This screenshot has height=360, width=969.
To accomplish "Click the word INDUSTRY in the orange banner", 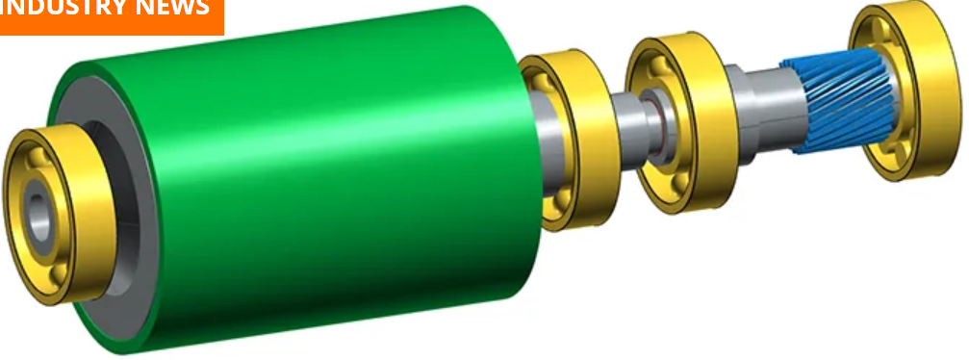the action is pyautogui.click(x=58, y=8).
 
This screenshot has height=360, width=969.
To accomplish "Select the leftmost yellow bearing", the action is pyautogui.click(x=59, y=214).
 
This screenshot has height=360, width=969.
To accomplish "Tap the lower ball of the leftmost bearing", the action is pyautogui.click(x=60, y=272).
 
